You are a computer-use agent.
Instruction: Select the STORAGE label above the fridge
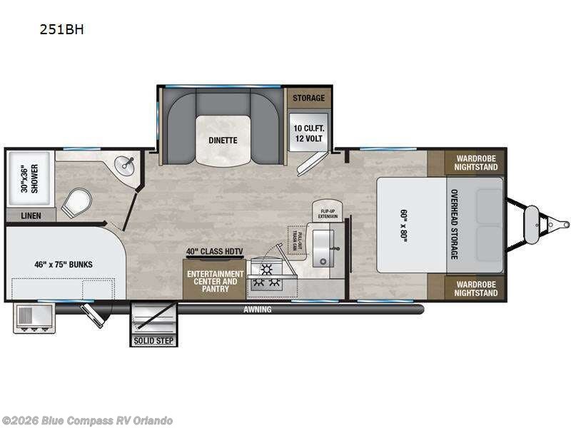click(x=308, y=98)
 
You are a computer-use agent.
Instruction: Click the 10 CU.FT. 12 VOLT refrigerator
click(x=308, y=133)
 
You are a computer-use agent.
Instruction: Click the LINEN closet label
click(x=29, y=215)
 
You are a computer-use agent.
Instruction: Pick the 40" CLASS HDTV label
click(x=214, y=251)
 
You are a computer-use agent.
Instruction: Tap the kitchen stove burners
click(x=266, y=276)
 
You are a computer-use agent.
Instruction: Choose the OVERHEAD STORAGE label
click(x=454, y=224)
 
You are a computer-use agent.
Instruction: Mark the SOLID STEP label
click(x=153, y=341)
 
